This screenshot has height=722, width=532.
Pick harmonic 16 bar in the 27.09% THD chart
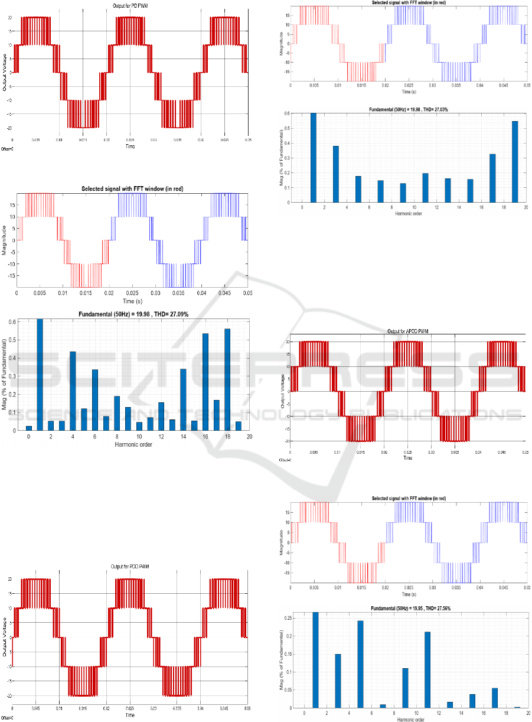205,383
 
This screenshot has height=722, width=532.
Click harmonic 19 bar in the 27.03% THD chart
515,162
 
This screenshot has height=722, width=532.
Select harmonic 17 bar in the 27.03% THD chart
492,178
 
